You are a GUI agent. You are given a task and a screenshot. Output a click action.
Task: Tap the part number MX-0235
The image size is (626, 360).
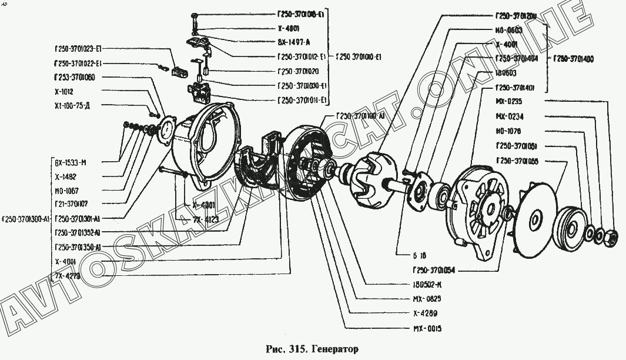click(509, 101)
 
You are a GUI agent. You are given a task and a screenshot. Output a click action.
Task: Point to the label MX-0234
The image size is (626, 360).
click(509, 116)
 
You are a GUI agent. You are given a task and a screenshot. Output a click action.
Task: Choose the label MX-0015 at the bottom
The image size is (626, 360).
click(426, 328)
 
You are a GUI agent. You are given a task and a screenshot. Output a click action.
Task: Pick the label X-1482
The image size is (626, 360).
click(65, 176)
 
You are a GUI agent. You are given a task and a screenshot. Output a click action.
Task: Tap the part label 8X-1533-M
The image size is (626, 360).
click(70, 162)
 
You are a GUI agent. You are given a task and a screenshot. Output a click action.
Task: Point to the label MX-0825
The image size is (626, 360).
click(426, 299)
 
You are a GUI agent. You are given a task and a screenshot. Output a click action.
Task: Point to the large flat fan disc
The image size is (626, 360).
click(535, 219)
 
